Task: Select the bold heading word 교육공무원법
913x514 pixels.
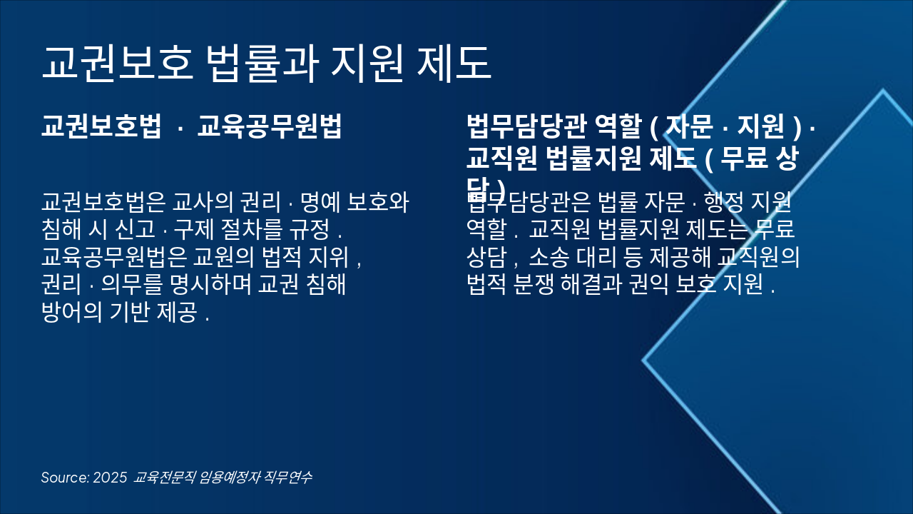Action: (x=270, y=126)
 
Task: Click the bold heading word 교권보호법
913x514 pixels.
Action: (x=101, y=126)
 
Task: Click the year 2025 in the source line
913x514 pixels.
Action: (x=110, y=478)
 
